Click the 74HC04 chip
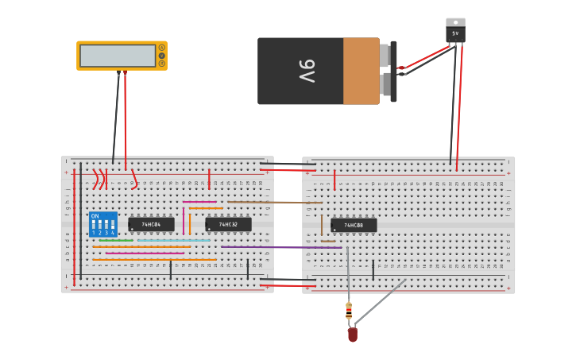[151, 225]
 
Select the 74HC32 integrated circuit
[228, 225]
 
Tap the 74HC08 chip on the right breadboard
[354, 226]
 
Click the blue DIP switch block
[103, 225]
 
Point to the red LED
[353, 335]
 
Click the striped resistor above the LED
[349, 311]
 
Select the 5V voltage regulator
[455, 31]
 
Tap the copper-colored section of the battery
[361, 71]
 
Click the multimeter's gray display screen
[118, 56]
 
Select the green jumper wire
[116, 240]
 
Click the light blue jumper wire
[173, 240]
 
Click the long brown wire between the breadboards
[270, 202]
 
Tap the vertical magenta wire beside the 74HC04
[184, 220]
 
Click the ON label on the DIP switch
[95, 216]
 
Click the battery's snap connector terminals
[389, 70]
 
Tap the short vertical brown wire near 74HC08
[322, 226]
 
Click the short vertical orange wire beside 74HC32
[190, 223]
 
